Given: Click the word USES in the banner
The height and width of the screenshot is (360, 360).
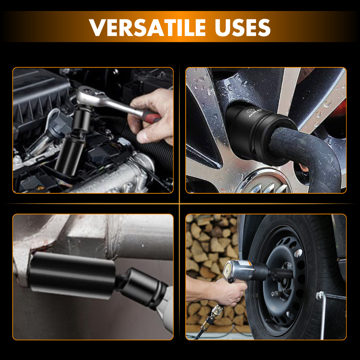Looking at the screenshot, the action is click(242, 28).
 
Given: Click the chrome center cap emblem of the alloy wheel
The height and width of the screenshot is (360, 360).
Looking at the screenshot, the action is click(264, 183).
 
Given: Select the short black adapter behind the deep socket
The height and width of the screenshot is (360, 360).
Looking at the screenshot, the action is click(142, 288).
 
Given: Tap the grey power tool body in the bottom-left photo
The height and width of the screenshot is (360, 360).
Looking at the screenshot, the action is click(166, 310).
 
